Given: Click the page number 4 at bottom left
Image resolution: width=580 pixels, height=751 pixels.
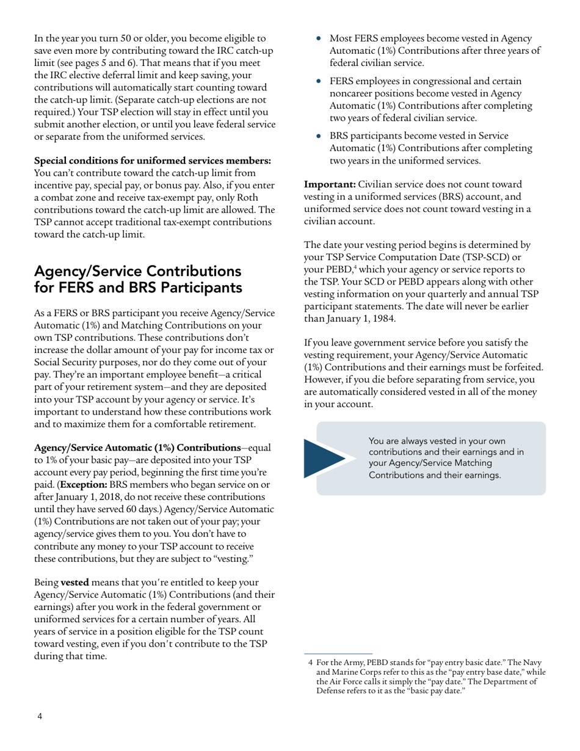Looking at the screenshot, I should coord(39,716).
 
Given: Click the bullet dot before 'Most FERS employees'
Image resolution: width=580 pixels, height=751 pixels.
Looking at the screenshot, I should coord(318,38).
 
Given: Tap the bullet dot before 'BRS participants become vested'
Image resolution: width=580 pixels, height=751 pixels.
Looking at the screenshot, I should coord(318,136).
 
